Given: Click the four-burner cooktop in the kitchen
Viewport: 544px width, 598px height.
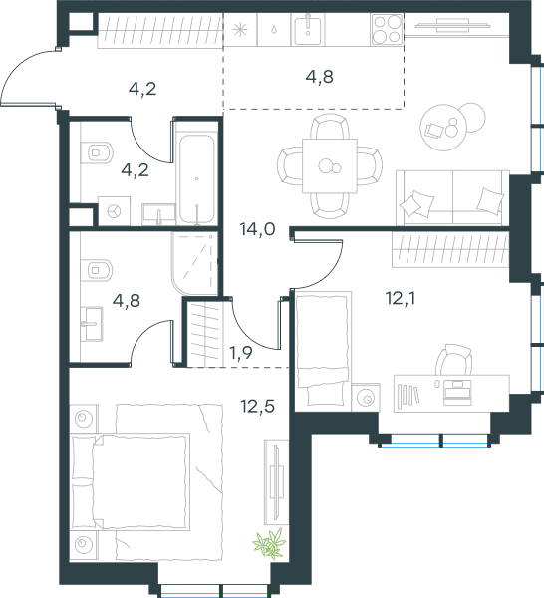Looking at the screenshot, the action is coord(387,29).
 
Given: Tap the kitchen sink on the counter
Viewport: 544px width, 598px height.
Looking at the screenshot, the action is coord(308,29).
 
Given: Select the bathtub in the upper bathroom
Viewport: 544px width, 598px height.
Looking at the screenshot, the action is coord(196,178).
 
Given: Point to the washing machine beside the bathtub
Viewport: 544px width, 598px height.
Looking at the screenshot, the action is coord(114,211).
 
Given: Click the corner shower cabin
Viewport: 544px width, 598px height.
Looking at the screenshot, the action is coord(194,263).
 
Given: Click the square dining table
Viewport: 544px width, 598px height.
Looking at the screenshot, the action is coord(330,165).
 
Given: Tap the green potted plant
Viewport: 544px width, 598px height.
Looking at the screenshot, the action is coord(270,543).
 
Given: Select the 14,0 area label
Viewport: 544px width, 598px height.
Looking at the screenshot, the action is coord(258,229).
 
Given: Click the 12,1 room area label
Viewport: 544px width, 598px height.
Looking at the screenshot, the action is coord(401,298).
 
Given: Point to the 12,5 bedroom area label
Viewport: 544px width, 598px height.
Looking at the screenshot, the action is coord(258,407).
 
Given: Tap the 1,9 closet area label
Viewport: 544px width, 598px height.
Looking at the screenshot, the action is coord(241,353).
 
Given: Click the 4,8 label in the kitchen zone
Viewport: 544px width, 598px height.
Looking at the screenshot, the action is coord(320,77).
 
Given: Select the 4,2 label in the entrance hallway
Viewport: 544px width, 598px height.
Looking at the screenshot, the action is coord(142,90).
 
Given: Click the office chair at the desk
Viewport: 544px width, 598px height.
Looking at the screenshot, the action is coord(454,359).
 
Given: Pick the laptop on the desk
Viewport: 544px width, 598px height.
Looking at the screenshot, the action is coord(457,392).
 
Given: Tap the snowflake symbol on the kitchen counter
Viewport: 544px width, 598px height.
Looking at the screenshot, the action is coord(240,30).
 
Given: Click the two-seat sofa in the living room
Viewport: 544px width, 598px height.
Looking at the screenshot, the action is coord(452,198).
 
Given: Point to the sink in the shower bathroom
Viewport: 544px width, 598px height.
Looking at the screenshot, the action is coord(93,324).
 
